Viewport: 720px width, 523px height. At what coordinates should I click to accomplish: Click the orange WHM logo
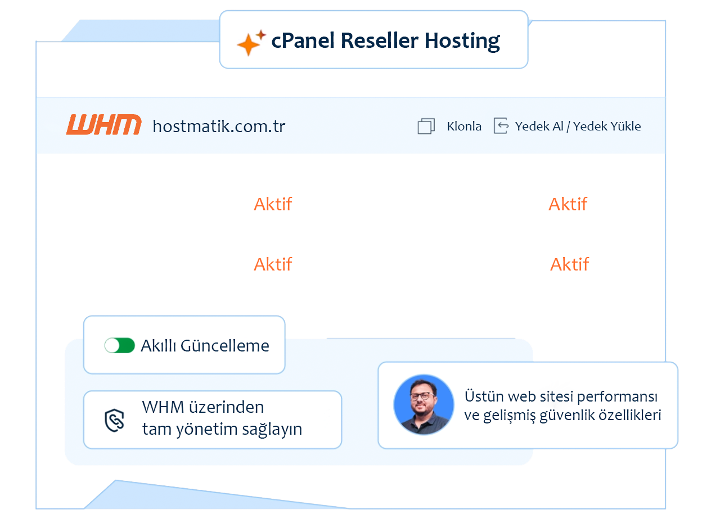coord(103,125)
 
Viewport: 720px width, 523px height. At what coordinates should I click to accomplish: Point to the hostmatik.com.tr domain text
coord(219,126)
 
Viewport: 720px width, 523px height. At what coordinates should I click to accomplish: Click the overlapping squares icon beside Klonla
coord(426,126)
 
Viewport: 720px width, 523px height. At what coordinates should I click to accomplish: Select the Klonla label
coord(464,126)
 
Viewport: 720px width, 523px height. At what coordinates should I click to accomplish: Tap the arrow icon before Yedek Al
coord(501,126)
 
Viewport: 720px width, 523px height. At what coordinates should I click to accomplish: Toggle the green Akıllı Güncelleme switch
coord(120,345)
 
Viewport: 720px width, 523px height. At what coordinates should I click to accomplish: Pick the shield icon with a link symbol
coord(115,420)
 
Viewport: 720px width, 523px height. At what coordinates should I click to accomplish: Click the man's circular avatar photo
coord(424,404)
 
